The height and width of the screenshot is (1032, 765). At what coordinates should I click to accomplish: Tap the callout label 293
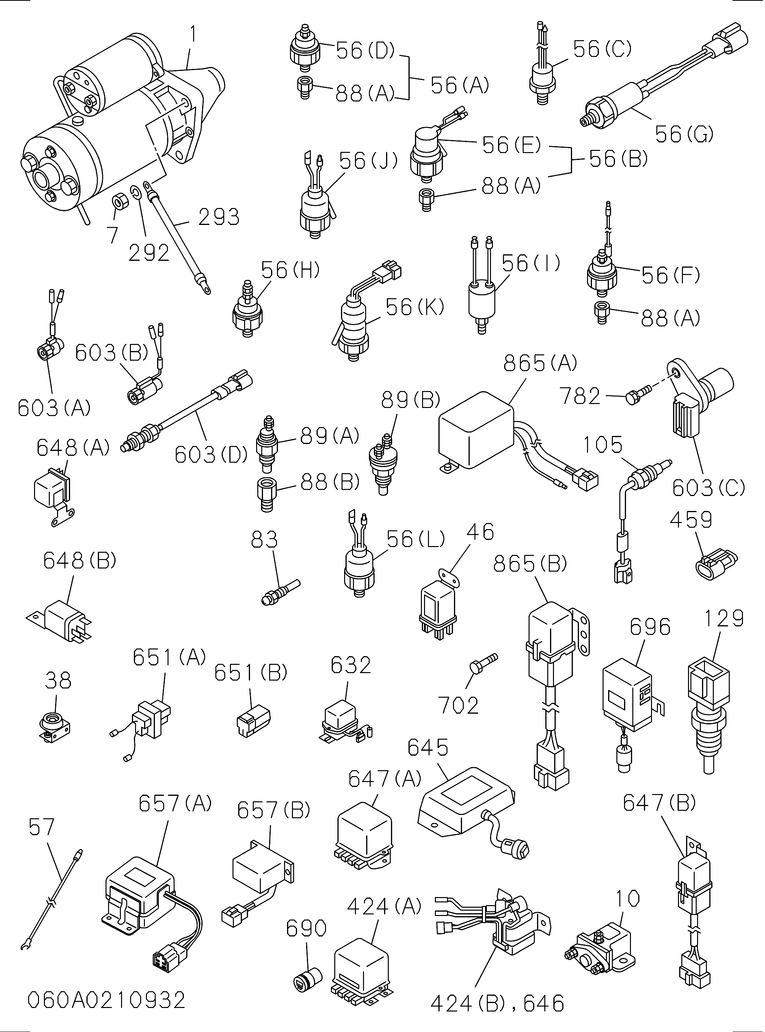(x=219, y=217)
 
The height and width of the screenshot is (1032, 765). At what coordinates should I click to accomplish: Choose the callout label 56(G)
(x=684, y=134)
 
